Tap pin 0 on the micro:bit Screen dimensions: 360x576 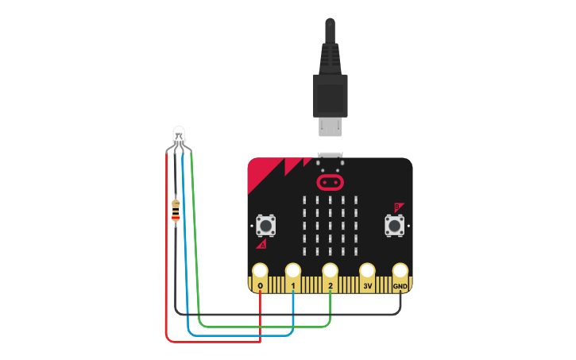(x=260, y=272)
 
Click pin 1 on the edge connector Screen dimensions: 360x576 (x=294, y=272)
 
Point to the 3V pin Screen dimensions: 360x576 (x=367, y=272)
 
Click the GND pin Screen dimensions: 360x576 (x=400, y=272)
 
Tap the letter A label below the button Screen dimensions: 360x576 (x=261, y=245)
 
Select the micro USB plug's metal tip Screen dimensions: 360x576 (x=329, y=126)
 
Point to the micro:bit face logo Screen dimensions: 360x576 (x=330, y=182)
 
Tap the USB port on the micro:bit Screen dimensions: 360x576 (x=330, y=157)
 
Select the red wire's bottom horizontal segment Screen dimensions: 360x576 (x=215, y=342)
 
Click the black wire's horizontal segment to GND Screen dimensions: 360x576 (x=286, y=313)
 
